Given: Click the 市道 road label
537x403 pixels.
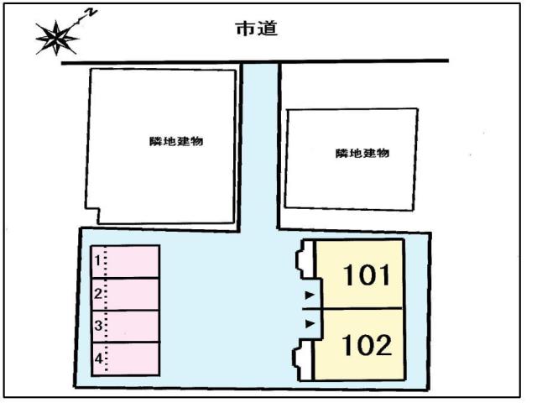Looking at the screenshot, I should (x=256, y=29).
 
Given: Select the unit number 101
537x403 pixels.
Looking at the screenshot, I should (x=366, y=275).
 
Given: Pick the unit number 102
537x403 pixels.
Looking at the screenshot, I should (x=366, y=345).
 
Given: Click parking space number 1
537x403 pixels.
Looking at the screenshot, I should (x=97, y=261).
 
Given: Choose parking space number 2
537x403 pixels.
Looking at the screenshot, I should (x=97, y=294).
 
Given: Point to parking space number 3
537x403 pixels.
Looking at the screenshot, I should (x=97, y=325).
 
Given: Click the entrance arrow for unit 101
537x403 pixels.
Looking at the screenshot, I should (x=309, y=295).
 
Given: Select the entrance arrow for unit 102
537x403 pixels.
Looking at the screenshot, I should (x=309, y=322).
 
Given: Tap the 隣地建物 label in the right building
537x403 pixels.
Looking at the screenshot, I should (x=362, y=153).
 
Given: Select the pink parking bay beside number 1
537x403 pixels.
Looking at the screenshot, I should (x=133, y=261).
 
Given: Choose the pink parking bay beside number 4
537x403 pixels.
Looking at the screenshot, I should (x=133, y=359).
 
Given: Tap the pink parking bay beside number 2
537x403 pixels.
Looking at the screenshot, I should (x=133, y=294).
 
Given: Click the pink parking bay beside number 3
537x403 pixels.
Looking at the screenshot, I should (x=133, y=326).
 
